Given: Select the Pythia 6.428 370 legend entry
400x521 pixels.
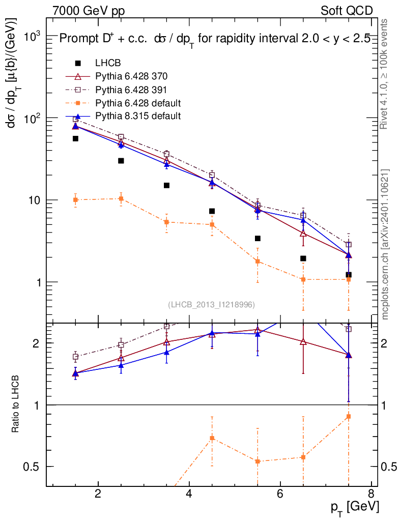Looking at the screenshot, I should (x=131, y=76).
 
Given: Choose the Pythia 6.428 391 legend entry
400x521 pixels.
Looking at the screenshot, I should (x=131, y=90).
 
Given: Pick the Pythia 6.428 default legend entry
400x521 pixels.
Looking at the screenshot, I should (x=138, y=103).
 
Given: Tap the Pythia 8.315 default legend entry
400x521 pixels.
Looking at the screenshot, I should (x=138, y=116).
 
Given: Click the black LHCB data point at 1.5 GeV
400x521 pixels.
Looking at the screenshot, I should (x=75, y=138).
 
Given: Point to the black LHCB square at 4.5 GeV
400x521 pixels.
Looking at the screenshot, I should (x=212, y=211).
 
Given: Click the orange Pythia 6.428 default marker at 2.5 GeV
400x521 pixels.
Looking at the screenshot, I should (x=121, y=198).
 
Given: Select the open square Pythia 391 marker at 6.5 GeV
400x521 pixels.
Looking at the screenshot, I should (x=303, y=216).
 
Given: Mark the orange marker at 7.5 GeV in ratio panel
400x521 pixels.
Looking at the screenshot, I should (x=349, y=417).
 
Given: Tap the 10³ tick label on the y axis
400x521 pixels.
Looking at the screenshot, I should (x=31, y=37).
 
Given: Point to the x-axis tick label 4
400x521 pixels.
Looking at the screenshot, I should (x=189, y=494).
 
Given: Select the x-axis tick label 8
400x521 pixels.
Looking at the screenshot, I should (x=371, y=494).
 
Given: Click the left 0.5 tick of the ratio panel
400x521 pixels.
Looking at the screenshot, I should (x=34, y=467).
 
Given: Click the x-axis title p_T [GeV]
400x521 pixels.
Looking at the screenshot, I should (x=355, y=507).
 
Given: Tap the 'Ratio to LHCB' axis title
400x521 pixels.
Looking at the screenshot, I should (x=16, y=404).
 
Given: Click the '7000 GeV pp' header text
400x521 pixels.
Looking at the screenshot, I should (x=89, y=11).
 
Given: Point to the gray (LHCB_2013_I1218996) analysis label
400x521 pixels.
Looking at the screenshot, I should (x=211, y=305).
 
